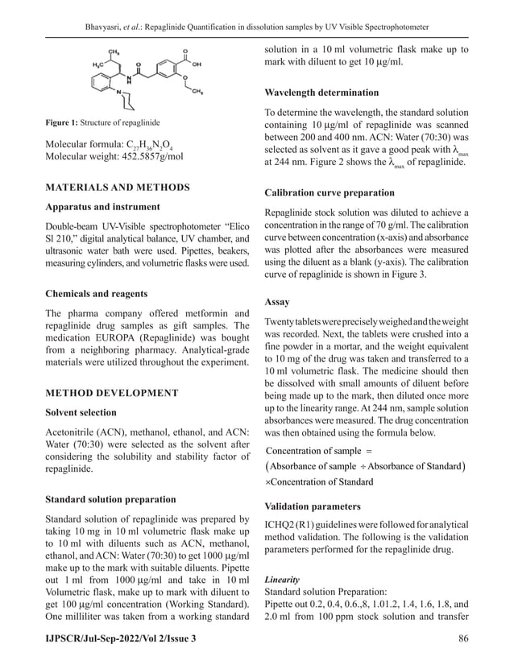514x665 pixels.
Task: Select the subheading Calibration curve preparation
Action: pyautogui.click(x=330, y=193)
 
